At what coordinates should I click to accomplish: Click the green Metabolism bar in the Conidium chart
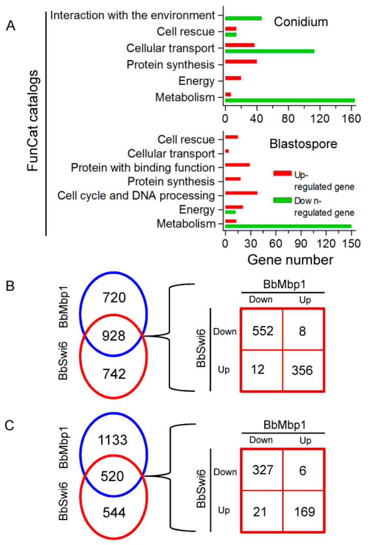tap(290, 100)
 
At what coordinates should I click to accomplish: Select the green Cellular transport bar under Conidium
tap(269, 51)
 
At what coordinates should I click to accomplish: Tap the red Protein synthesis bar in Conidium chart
tap(241, 62)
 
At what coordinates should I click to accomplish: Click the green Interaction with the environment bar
tap(243, 18)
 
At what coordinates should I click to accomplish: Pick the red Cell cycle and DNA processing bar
tap(241, 193)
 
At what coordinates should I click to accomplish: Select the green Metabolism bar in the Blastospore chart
tap(288, 226)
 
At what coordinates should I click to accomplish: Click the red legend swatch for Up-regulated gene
tap(282, 173)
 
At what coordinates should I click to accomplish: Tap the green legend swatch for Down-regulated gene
tap(282, 200)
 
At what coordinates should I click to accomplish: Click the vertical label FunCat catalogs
tap(33, 122)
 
